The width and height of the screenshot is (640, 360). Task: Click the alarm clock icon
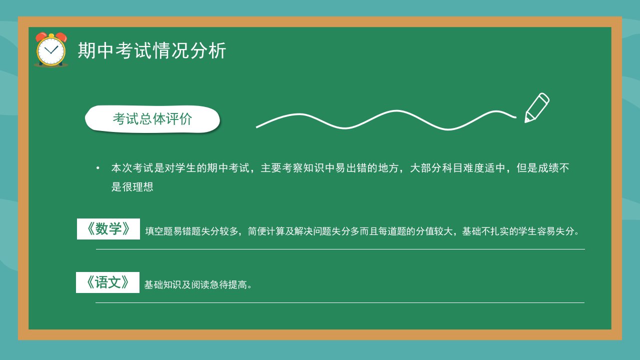click(x=51, y=49)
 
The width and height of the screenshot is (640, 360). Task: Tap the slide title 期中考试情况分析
click(x=152, y=50)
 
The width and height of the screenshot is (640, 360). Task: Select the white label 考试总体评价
click(x=152, y=119)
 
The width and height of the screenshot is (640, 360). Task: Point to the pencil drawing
click(x=537, y=107)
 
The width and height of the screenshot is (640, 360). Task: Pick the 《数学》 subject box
click(x=108, y=229)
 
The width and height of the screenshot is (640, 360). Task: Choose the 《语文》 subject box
click(x=107, y=282)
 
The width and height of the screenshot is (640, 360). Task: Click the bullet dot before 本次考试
click(x=98, y=168)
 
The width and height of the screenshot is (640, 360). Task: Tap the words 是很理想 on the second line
click(x=132, y=187)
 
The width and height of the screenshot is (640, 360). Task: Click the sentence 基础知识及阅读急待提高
click(x=198, y=284)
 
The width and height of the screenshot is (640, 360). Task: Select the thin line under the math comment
click(x=340, y=249)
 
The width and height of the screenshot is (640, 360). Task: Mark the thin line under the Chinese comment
click(x=340, y=302)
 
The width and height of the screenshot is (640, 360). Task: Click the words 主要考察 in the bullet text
click(x=281, y=168)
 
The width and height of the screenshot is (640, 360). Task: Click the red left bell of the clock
click(x=41, y=36)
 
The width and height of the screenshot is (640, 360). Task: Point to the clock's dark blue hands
click(x=51, y=50)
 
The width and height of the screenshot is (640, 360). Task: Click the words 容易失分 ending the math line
click(x=555, y=231)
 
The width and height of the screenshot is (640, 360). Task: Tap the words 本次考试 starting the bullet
click(x=132, y=168)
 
